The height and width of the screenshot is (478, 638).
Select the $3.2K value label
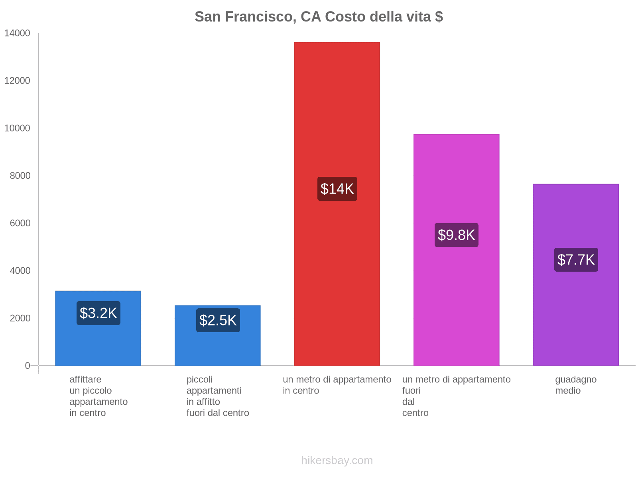(x=98, y=313)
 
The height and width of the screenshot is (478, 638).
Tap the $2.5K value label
(x=218, y=320)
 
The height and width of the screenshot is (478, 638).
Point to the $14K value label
(x=337, y=189)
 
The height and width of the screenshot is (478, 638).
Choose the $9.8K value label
(x=457, y=235)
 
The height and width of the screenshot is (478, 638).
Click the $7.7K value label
(x=576, y=260)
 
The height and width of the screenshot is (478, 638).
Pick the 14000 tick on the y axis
(x=17, y=33)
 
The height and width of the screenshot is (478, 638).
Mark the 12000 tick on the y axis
(x=17, y=81)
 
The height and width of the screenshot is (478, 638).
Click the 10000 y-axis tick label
(x=17, y=128)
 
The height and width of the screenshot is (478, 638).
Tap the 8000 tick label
(x=20, y=176)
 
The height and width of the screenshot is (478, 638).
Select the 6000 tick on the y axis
(x=20, y=223)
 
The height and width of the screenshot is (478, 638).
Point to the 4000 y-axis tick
(x=20, y=271)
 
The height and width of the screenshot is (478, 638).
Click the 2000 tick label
(x=20, y=318)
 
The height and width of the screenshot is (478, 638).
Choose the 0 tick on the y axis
(x=28, y=366)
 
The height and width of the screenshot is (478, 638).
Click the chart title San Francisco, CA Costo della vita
(x=319, y=17)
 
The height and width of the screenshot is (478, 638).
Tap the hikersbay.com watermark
(x=337, y=460)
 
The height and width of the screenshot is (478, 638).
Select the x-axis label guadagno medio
(x=576, y=385)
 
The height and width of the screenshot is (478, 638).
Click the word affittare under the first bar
(x=85, y=379)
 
